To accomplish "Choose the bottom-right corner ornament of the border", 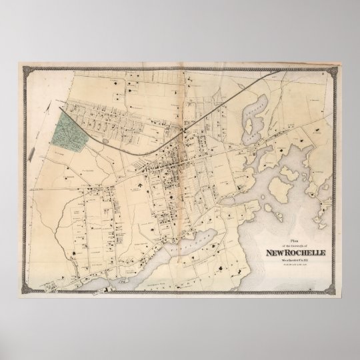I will click(343, 295).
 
